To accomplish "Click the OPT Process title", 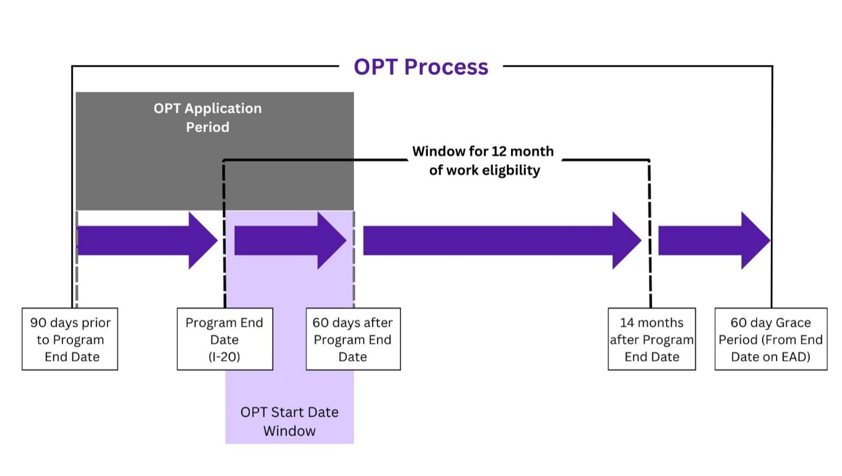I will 420,66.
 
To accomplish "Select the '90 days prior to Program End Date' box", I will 70,339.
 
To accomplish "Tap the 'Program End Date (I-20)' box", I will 224,339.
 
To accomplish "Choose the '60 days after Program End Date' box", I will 353,339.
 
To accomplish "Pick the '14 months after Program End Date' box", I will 651,339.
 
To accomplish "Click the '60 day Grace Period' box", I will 770,339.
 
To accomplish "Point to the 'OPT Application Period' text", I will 207,118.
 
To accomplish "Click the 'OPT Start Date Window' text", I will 289,421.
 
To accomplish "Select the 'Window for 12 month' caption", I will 483,151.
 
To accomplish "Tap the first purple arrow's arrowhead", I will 203,241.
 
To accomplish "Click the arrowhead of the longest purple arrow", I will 626,241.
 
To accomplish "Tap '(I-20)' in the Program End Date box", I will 224,357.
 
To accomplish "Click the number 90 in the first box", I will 39,322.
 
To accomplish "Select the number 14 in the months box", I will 628,322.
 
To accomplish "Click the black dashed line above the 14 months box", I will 650,235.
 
